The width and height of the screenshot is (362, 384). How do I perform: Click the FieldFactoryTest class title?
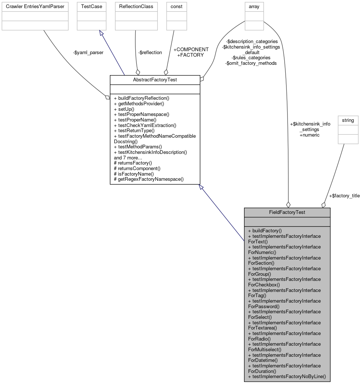pyautogui.click(x=287, y=212)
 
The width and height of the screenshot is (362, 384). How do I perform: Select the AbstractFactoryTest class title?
pyautogui.click(x=155, y=80)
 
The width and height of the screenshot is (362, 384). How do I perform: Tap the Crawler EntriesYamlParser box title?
pyautogui.click(x=35, y=7)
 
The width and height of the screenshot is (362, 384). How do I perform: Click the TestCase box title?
pyautogui.click(x=91, y=7)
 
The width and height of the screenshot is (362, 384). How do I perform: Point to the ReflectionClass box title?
pyautogui.click(x=136, y=7)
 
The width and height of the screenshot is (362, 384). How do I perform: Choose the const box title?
pyautogui.click(x=176, y=7)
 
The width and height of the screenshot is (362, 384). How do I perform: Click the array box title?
pyautogui.click(x=254, y=7)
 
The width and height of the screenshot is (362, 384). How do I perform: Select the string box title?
pyautogui.click(x=348, y=120)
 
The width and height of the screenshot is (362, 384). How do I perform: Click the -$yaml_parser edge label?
pyautogui.click(x=88, y=53)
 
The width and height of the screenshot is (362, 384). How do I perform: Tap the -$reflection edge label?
pyautogui.click(x=150, y=53)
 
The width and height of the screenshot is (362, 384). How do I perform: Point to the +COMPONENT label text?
pyautogui.click(x=191, y=49)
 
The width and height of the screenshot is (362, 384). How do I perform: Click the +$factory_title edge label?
pyautogui.click(x=344, y=195)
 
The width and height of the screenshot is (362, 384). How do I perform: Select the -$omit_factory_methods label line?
pyautogui.click(x=251, y=63)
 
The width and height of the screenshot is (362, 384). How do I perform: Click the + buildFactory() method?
pyautogui.click(x=265, y=231)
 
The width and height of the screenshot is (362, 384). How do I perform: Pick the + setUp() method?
pyautogui.click(x=124, y=109)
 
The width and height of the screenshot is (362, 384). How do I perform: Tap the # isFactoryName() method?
pyautogui.click(x=134, y=174)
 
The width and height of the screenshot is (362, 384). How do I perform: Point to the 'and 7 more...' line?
pyautogui.click(x=128, y=158)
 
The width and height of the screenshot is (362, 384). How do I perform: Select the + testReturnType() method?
pyautogui.click(x=134, y=130)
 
